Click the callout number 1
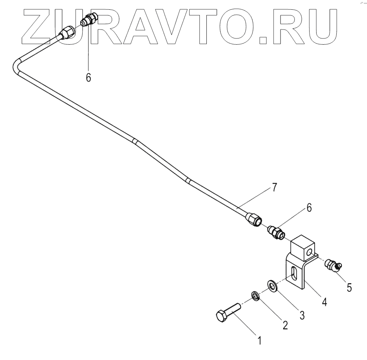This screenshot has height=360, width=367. pos(260,341)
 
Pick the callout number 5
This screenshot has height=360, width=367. pos(349,287)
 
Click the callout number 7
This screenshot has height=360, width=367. pos(274,188)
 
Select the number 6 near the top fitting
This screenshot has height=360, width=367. pos(88,77)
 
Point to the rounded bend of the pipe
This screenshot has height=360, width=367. pos(17,65)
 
